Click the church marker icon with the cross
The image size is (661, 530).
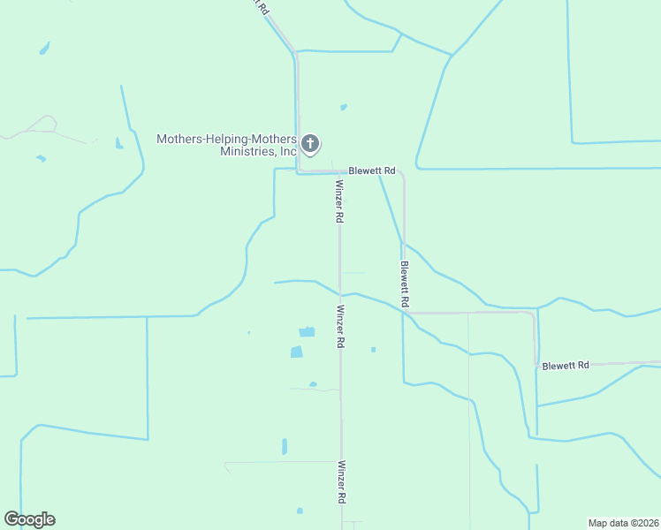pos(309,143)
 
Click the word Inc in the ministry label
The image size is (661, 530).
pos(288,151)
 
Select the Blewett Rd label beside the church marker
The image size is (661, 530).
pos(371,170)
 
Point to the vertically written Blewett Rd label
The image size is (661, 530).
pos(404,284)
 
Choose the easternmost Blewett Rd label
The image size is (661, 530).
pos(566,365)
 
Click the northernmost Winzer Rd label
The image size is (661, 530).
pos(339,201)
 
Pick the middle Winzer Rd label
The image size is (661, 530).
pos(339,327)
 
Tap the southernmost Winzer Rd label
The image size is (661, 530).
pos(340,481)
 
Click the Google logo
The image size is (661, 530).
pos(29,519)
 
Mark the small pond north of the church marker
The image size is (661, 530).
pos(343,108)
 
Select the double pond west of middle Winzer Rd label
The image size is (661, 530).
pos(307,332)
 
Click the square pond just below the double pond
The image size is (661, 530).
pos(297,352)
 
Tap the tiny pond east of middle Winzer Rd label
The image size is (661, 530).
pos(373,350)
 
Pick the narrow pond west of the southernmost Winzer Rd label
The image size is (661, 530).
pos(284,446)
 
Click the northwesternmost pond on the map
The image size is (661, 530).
pos(44,48)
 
